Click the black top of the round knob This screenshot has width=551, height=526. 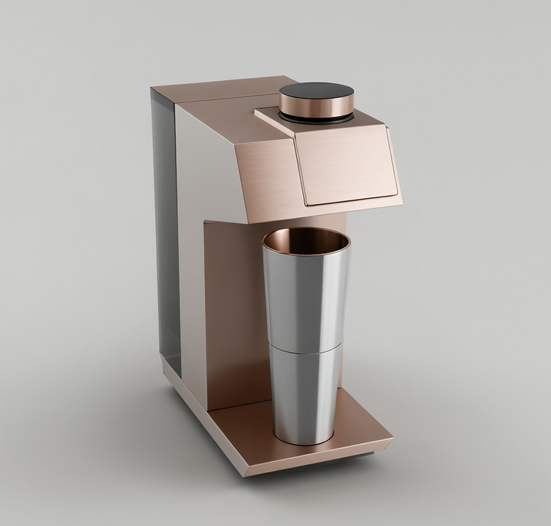tap(316, 90)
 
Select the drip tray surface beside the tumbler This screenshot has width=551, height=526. tap(362, 424)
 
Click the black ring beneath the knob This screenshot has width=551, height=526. tap(315, 117)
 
